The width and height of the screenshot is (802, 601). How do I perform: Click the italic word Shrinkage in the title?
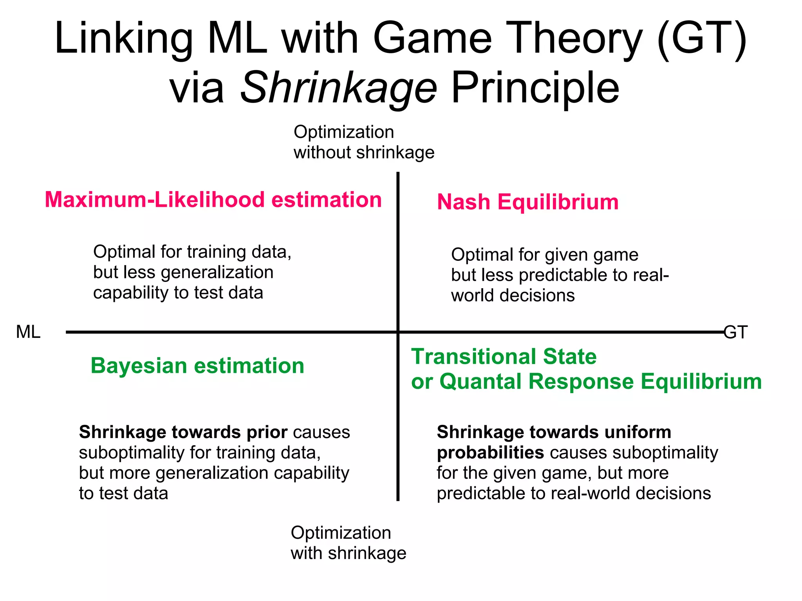click(338, 88)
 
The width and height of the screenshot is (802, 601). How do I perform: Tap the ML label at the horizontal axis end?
click(28, 332)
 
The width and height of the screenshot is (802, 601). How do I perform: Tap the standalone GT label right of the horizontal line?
click(736, 332)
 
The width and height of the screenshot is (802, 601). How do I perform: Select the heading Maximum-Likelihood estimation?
click(213, 200)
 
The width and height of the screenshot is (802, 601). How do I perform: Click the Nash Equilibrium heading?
click(527, 202)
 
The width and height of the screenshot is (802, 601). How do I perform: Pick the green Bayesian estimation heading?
click(197, 366)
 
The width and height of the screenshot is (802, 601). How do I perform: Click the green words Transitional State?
click(504, 357)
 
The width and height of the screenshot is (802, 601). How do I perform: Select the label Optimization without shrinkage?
click(363, 142)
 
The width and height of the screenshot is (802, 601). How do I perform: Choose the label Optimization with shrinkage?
click(348, 543)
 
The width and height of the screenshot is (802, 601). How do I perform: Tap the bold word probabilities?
click(490, 453)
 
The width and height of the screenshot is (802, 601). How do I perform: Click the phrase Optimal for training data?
click(192, 252)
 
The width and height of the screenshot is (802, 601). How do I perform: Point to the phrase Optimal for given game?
click(544, 255)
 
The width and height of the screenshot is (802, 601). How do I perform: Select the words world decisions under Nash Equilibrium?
click(513, 296)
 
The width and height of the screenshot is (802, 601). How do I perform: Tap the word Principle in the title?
click(535, 88)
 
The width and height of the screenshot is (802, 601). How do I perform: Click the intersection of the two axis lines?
click(398, 332)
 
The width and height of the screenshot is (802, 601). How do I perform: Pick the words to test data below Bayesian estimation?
click(123, 493)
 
